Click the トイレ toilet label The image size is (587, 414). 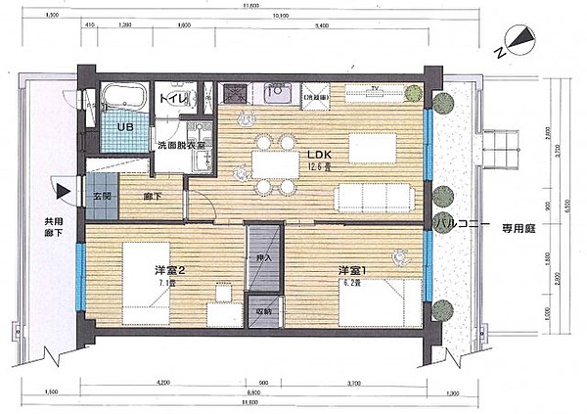tap(170, 98)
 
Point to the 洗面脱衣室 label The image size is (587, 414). tap(181, 146)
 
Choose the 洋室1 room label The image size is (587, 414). tap(351, 270)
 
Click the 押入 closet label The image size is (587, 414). tap(263, 258)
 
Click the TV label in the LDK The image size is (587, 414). tap(373, 88)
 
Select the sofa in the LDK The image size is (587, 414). tap(376, 200)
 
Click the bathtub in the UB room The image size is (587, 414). tap(124, 99)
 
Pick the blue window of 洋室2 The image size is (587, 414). tap(79, 261)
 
